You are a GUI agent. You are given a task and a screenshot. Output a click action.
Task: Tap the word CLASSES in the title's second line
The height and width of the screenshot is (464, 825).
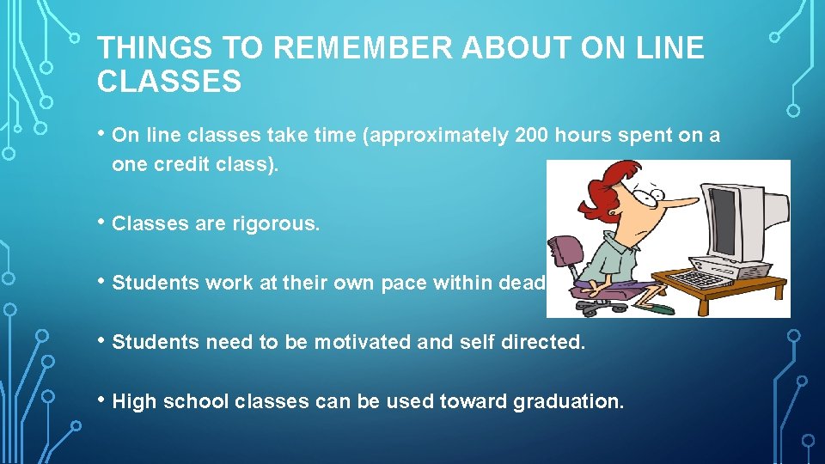(x=169, y=82)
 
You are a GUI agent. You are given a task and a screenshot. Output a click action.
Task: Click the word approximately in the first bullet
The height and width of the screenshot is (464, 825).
(x=439, y=135)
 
